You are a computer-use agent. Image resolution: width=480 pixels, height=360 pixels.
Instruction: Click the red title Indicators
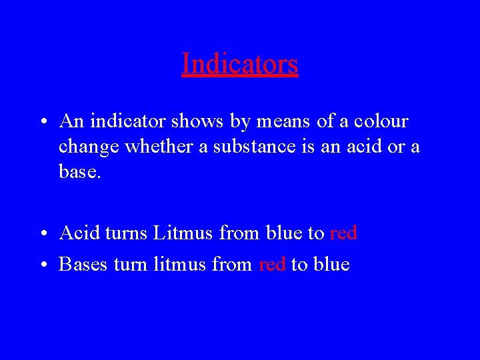point(239,64)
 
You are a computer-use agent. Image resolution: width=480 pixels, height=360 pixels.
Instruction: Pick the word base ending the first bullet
point(80,172)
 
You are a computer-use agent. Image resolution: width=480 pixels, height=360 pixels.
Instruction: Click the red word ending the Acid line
point(343,233)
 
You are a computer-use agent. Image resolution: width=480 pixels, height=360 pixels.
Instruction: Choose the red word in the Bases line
point(272,265)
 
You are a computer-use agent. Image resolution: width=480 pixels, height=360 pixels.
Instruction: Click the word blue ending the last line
point(331,265)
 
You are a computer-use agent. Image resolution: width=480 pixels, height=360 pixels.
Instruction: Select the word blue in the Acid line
point(284,233)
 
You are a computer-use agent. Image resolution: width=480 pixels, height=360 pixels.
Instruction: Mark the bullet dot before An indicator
point(42,123)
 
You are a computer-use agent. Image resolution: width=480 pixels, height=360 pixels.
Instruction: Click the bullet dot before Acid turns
point(42,234)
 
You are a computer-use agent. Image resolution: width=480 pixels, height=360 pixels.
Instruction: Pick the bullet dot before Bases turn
point(42,265)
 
